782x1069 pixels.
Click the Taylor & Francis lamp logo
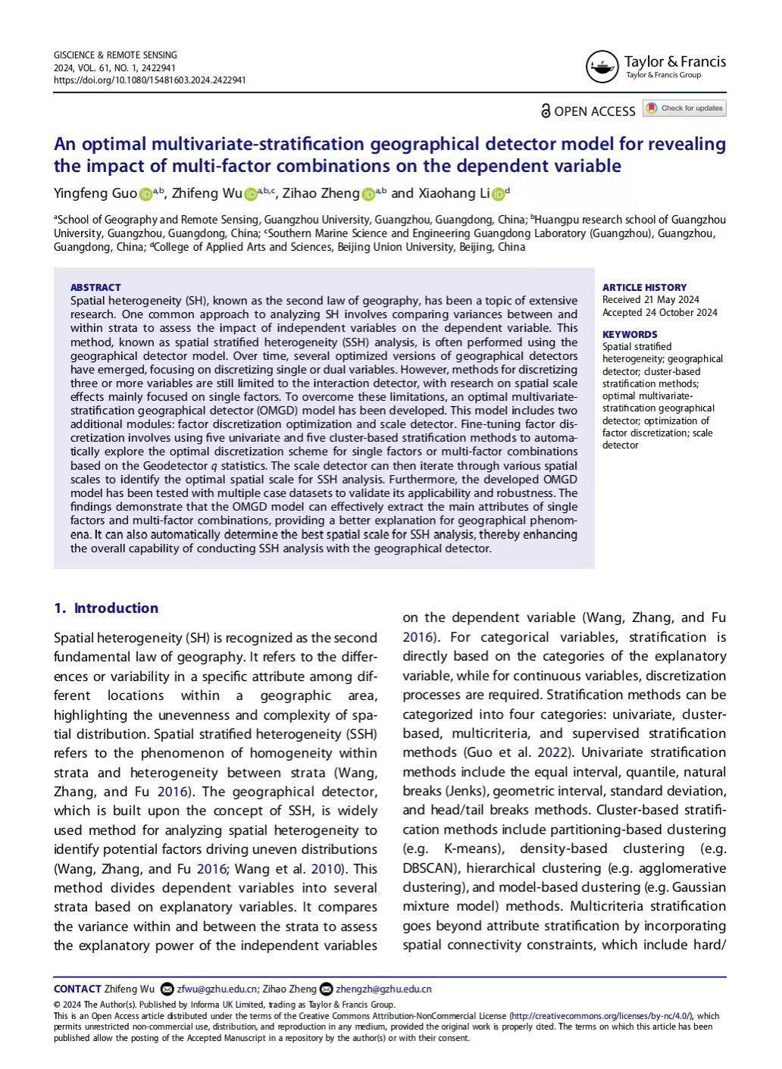point(602,67)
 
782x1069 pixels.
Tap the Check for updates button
point(684,108)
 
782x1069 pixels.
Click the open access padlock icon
point(546,111)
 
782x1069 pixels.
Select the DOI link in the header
point(149,80)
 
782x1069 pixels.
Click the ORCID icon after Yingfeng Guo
point(145,195)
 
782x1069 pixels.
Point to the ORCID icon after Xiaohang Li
point(498,195)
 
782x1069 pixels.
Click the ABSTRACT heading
point(95,287)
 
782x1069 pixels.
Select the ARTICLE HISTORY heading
point(644,287)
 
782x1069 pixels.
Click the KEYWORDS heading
point(630,334)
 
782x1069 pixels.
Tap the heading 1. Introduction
point(106,608)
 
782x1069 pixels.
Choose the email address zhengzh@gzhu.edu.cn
point(383,989)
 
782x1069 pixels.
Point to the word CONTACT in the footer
point(77,989)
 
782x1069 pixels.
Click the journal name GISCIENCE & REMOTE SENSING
point(115,55)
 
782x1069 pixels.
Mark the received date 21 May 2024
point(673,299)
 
